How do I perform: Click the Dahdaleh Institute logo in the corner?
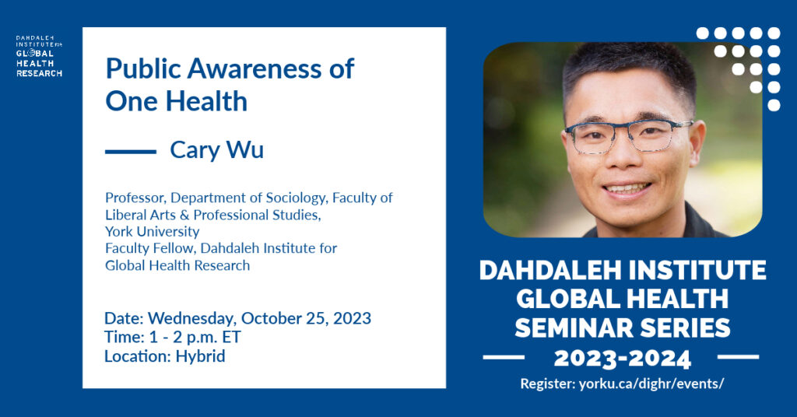(39, 56)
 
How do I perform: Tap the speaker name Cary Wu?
(216, 150)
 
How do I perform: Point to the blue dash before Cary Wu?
(131, 152)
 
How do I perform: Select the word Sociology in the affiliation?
(297, 198)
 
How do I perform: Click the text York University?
(152, 232)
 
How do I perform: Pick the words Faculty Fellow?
(149, 248)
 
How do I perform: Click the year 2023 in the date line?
(352, 318)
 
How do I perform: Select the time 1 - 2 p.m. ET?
(195, 338)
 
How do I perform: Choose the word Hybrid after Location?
(200, 356)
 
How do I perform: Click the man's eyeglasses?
(628, 135)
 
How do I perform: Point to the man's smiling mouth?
(627, 189)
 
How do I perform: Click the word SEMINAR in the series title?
(567, 328)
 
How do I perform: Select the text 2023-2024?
(622, 358)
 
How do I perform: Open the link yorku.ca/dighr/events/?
(651, 384)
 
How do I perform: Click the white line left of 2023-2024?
(504, 358)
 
